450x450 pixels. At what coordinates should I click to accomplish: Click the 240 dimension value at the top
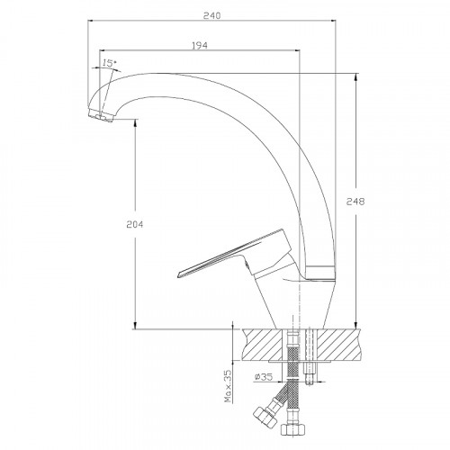[x=211, y=15]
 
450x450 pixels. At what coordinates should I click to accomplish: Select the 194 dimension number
[x=200, y=45]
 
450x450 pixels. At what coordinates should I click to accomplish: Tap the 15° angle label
[x=109, y=63]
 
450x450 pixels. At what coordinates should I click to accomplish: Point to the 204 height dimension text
[x=135, y=224]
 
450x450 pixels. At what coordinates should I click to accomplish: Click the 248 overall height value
[x=355, y=202]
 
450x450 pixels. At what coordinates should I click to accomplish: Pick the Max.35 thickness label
[x=229, y=385]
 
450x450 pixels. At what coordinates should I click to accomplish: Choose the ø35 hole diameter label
[x=264, y=377]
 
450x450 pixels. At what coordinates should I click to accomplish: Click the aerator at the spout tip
[x=101, y=115]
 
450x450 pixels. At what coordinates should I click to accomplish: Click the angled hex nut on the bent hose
[x=265, y=416]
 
